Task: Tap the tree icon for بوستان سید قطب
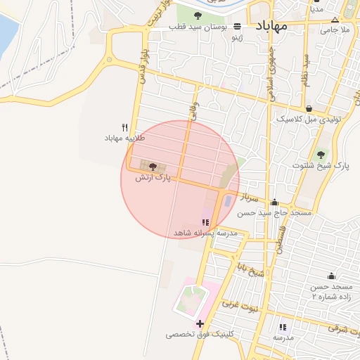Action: [196, 27]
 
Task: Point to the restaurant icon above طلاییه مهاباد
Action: [124, 127]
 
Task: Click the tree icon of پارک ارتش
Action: [153, 167]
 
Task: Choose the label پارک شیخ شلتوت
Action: [321, 166]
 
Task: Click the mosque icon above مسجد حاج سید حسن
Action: [274, 202]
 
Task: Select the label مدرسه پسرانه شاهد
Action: [204, 231]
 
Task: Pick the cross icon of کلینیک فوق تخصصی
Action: [200, 324]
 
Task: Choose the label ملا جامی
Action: [335, 30]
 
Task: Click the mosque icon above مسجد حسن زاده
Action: [330, 276]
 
